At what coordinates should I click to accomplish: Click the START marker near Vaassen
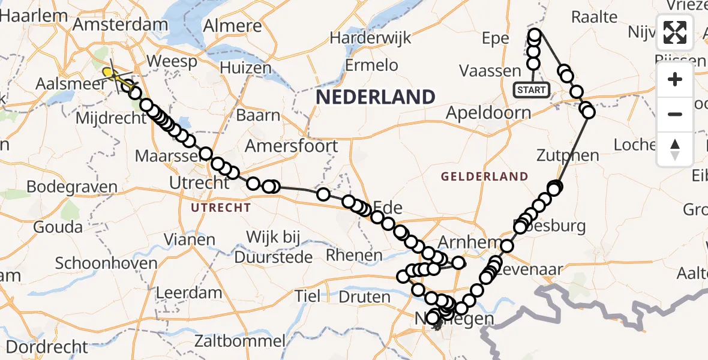(531, 90)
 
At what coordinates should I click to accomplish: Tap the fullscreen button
(675, 32)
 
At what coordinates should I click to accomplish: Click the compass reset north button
(675, 149)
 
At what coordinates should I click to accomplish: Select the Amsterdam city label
(120, 25)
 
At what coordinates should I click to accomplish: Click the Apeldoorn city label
(488, 113)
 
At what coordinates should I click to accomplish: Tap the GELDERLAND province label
(484, 177)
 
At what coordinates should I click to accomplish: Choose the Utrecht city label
(199, 184)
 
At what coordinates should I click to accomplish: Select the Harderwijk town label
(370, 38)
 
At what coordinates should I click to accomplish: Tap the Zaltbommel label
(239, 341)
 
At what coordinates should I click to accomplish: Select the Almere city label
(233, 26)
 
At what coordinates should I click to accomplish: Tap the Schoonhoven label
(106, 263)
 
